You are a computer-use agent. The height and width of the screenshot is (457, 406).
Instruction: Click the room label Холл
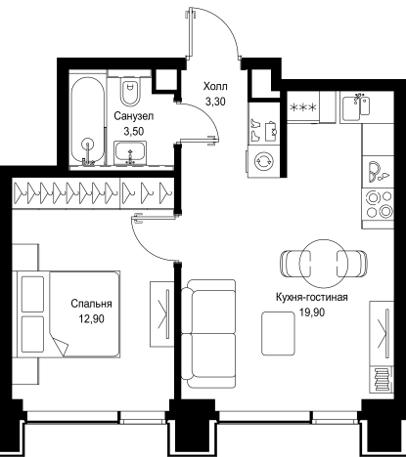click(x=215, y=87)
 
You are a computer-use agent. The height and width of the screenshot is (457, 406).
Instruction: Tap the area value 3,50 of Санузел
click(x=134, y=131)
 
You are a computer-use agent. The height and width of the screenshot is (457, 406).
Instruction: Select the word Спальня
click(x=91, y=304)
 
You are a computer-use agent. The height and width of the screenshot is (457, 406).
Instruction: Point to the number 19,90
click(x=312, y=312)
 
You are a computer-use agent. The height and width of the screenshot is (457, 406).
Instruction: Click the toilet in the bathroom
click(x=130, y=90)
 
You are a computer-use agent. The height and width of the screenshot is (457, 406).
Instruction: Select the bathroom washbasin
click(x=130, y=153)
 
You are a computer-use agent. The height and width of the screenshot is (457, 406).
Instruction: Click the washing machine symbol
click(x=264, y=161)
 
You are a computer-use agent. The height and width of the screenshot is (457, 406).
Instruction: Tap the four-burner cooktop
click(x=379, y=205)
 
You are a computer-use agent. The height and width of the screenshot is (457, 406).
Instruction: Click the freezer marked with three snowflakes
click(x=303, y=107)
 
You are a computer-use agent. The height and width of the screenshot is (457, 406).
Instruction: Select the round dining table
click(x=324, y=263)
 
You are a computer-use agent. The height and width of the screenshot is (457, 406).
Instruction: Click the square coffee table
click(x=278, y=333)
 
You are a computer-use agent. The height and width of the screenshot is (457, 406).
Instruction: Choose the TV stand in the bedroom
click(x=162, y=313)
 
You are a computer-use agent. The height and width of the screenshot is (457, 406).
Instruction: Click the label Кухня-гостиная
click(x=312, y=297)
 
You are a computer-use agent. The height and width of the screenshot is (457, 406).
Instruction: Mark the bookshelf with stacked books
click(x=382, y=380)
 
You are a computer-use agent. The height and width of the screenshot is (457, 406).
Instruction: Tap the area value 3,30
click(x=215, y=102)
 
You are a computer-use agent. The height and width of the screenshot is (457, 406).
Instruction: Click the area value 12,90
click(x=91, y=319)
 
